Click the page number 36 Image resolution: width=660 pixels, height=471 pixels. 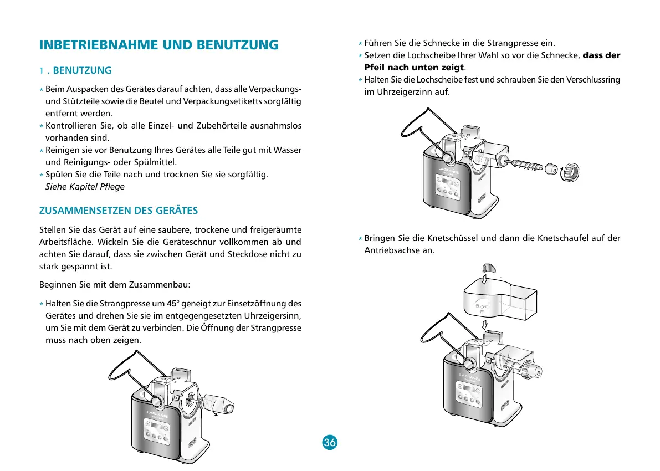[x=329, y=442]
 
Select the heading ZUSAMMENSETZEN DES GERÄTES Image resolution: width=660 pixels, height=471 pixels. [x=119, y=211]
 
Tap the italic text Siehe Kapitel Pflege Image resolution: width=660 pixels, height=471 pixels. [x=85, y=186]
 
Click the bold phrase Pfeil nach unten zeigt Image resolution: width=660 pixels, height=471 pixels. [x=414, y=67]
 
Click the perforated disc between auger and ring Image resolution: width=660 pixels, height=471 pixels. [x=551, y=168]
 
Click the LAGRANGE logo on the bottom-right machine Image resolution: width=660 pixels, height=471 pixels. [x=470, y=377]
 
